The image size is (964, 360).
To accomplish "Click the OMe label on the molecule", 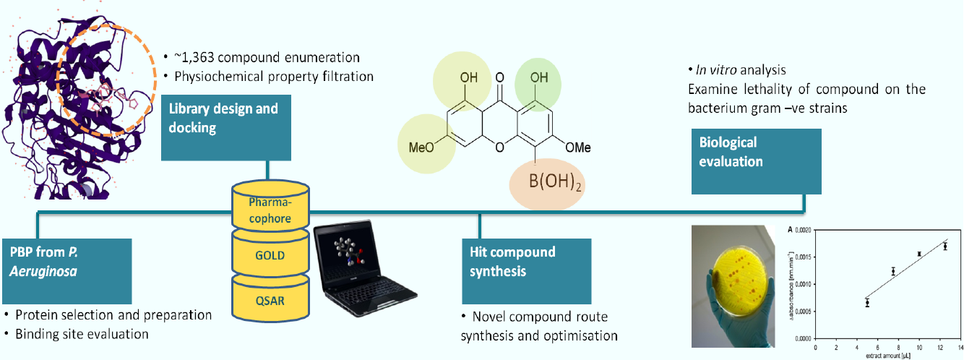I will [577, 147].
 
